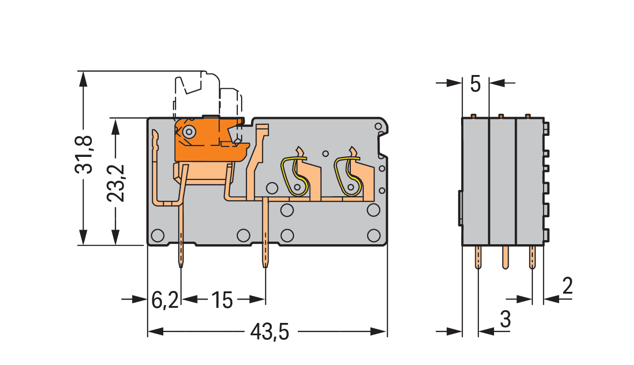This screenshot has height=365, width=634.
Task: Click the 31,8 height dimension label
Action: tap(84, 155)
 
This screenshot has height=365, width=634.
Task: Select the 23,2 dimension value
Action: tap(115, 183)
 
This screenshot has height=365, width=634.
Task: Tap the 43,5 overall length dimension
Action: tap(269, 332)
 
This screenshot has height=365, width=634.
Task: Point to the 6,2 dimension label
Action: tap(165, 300)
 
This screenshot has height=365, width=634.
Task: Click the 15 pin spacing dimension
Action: tap(222, 300)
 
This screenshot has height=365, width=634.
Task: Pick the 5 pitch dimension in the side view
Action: tap(475, 84)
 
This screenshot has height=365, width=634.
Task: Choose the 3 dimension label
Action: tap(505, 319)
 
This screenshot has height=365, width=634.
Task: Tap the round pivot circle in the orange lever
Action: tap(189, 132)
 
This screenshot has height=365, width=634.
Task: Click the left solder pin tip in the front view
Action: tap(181, 267)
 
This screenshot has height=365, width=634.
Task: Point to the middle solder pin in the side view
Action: tap(505, 257)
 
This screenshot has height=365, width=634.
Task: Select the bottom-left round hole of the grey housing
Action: tap(158, 236)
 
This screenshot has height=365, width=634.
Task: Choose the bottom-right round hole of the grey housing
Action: tap(374, 236)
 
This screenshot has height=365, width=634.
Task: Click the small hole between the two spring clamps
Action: tap(326, 154)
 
